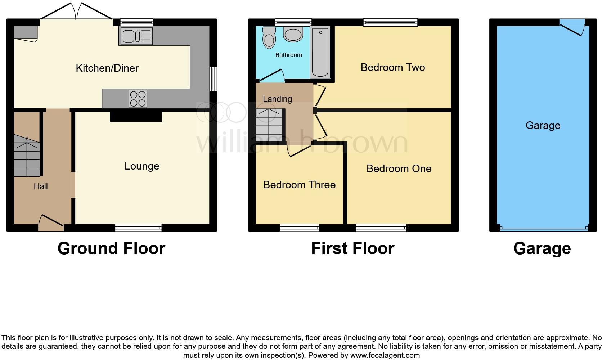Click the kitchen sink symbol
[x=135, y=36]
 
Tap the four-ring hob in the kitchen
[x=138, y=98]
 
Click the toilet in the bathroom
[x=268, y=38]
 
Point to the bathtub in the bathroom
[x=320, y=52]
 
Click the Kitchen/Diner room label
[x=107, y=68]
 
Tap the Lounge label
[x=142, y=166]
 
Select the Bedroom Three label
[x=299, y=185]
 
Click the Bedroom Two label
[x=392, y=67]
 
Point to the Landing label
[x=277, y=99]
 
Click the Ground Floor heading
[x=111, y=248]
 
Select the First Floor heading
[x=352, y=248]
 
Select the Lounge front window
[x=138, y=227]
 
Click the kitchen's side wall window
[x=214, y=79]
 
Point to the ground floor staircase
[x=27, y=157]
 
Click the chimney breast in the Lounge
[x=136, y=116]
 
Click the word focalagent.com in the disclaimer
[x=385, y=355]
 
